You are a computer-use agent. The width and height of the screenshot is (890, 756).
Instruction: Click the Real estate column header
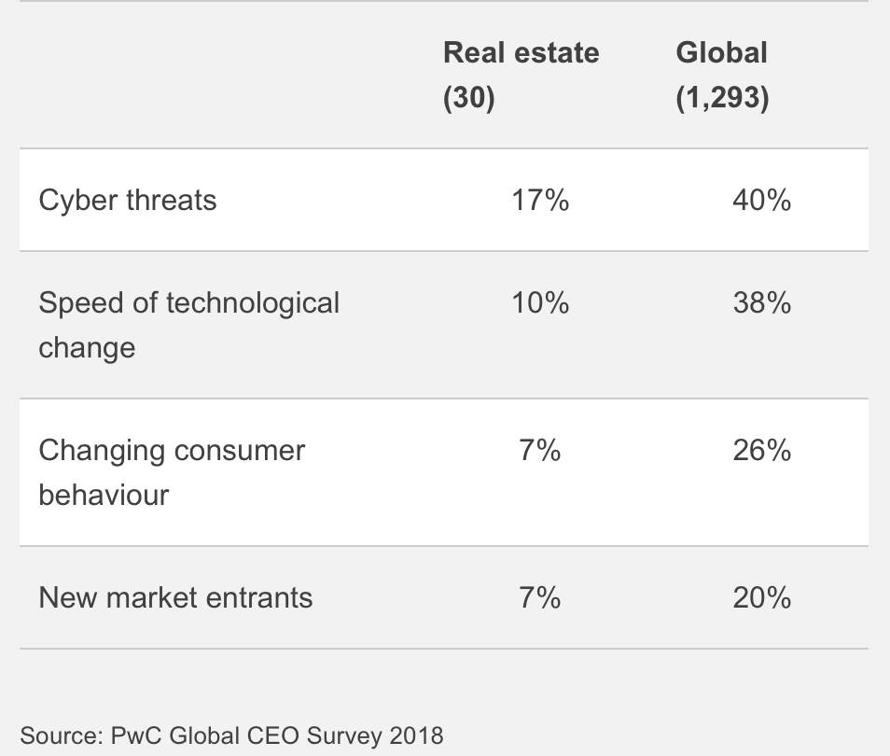click(521, 53)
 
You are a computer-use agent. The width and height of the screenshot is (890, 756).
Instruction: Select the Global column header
click(721, 53)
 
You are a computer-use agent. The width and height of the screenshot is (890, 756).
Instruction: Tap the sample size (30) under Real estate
click(468, 98)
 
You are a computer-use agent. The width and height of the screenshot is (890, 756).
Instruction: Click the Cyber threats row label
click(128, 200)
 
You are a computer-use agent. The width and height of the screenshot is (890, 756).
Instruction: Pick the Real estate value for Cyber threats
click(540, 200)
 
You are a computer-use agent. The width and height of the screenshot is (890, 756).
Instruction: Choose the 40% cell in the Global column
click(761, 200)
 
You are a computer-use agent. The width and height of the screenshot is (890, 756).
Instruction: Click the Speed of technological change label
click(188, 324)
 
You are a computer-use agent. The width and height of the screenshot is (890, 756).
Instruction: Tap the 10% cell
click(540, 302)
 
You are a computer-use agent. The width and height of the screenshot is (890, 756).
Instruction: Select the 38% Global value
click(761, 302)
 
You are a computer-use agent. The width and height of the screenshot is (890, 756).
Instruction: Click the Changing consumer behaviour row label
click(172, 471)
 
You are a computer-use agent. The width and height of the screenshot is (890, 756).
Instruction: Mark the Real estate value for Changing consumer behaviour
click(540, 451)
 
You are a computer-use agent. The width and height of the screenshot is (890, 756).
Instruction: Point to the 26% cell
click(761, 451)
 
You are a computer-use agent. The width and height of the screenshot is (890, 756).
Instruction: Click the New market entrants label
click(175, 597)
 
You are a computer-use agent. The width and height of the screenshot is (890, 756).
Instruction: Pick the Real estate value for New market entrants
click(540, 597)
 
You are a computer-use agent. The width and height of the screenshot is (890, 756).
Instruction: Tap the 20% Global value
click(761, 597)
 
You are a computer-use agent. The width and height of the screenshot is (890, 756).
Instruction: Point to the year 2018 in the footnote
click(416, 735)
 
